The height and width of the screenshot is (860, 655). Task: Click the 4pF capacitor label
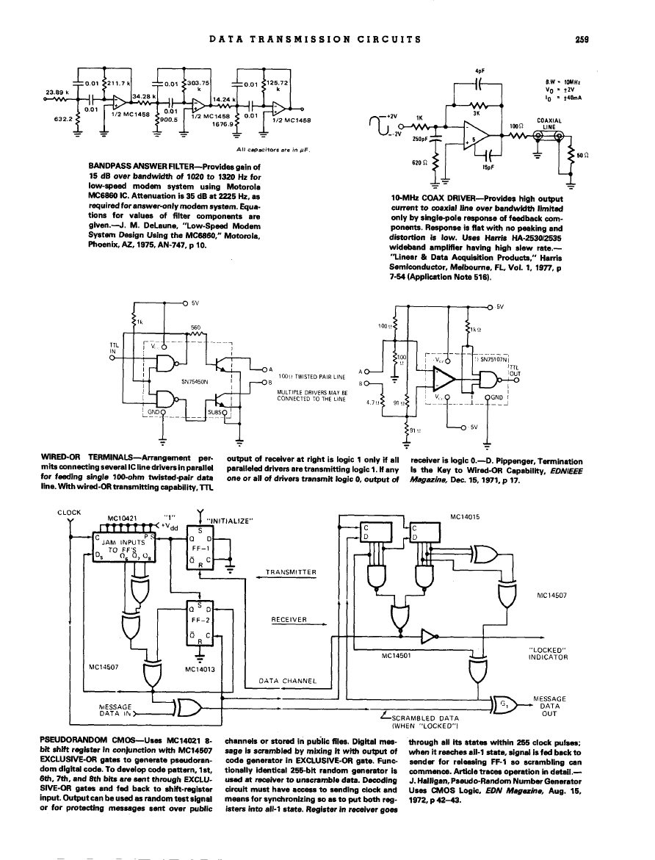(479, 71)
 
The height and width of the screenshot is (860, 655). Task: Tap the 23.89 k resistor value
(57, 92)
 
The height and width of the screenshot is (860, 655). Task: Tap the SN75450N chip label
(195, 382)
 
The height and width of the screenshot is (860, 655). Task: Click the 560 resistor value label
(195, 327)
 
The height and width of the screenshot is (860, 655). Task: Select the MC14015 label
(466, 516)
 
